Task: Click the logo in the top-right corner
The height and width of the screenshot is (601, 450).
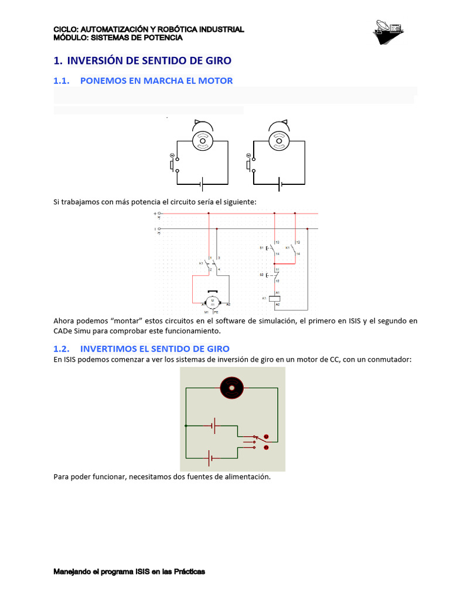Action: click(389, 32)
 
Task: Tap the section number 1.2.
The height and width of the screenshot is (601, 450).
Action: click(62, 349)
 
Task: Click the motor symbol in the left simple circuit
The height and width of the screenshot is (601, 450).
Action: click(202, 140)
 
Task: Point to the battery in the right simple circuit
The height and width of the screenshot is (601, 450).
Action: click(280, 184)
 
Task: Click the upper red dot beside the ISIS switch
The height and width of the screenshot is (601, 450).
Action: click(266, 437)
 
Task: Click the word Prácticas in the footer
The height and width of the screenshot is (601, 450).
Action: click(188, 572)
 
